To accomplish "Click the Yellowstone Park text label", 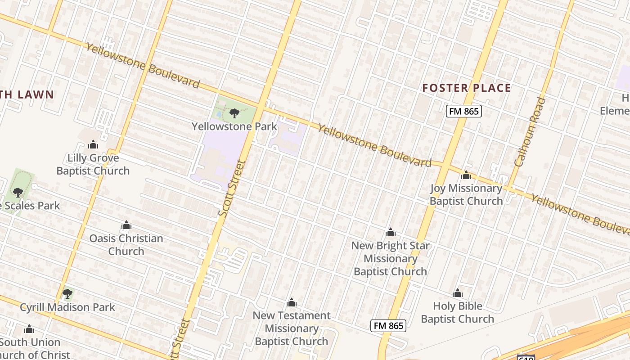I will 234,126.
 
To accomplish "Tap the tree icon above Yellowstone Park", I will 234,113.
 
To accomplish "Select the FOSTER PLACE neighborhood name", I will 467,88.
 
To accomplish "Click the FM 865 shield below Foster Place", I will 464,111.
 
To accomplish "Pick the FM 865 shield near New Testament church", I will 388,325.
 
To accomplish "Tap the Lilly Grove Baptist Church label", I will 93,164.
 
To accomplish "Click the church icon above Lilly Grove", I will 93,144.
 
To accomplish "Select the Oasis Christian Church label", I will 126,244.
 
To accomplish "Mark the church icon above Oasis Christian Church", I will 126,225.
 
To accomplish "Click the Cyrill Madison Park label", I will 67,307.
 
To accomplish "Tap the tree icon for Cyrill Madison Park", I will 67,294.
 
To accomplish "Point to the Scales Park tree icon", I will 18,193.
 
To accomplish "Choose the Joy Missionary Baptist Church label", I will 466,194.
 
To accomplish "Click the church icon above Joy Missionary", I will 466,175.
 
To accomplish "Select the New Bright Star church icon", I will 391,232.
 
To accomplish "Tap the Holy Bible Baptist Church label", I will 458,312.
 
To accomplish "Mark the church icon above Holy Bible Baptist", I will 458,293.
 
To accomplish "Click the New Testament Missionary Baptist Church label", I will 292,328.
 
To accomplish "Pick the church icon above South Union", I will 29,329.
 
